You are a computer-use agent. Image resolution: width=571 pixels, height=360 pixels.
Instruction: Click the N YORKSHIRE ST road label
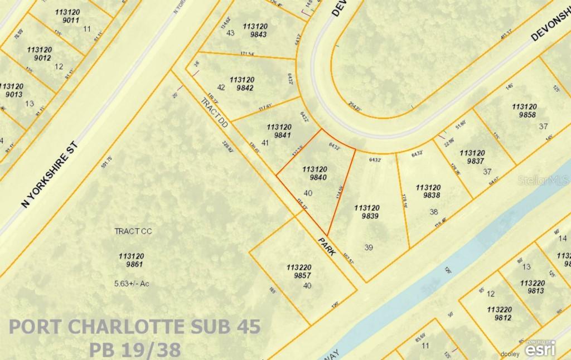(51, 174)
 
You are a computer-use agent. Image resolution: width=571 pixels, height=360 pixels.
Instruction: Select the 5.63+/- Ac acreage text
(132, 283)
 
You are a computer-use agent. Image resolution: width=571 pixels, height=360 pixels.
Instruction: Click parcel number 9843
(255, 35)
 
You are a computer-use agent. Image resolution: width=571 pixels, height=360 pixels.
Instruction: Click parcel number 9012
(39, 57)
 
